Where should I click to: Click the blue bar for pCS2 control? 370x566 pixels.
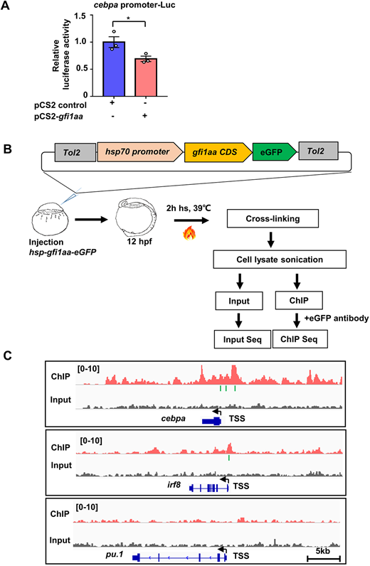tap(114, 69)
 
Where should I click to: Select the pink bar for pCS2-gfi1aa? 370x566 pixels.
tap(146, 78)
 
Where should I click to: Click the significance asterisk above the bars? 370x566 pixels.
tap(128, 18)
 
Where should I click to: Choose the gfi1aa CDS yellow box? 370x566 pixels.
tap(218, 152)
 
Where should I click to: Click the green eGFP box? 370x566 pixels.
tap(274, 152)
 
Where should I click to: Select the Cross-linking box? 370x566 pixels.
tap(273, 218)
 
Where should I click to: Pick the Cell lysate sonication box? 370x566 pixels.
tap(280, 260)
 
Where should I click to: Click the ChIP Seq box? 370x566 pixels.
tap(300, 339)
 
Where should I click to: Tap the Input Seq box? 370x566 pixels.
tap(243, 339)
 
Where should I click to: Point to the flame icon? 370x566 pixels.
tap(189, 233)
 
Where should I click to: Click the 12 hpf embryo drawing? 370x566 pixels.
tap(137, 218)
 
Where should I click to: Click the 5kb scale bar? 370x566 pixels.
tap(323, 558)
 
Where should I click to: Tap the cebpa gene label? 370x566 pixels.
tap(173, 418)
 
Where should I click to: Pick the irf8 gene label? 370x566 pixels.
tap(174, 484)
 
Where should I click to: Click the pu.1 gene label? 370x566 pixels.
tap(115, 554)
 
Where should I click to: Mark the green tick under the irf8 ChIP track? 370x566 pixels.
tap(229, 458)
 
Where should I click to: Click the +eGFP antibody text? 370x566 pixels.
tap(337, 319)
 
